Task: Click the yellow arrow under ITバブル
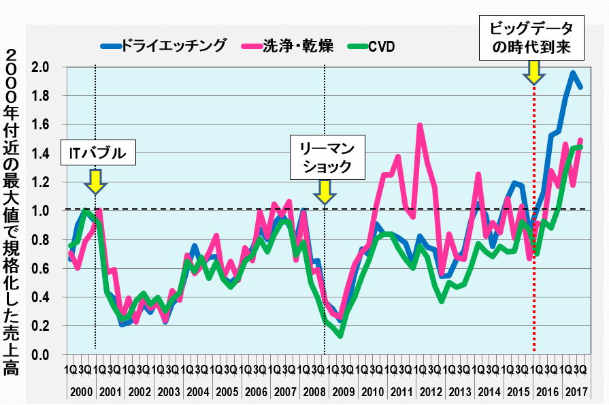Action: point(96,182)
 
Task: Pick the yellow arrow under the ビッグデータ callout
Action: point(534,70)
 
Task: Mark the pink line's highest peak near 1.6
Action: point(419,125)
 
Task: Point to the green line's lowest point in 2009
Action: point(340,336)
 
